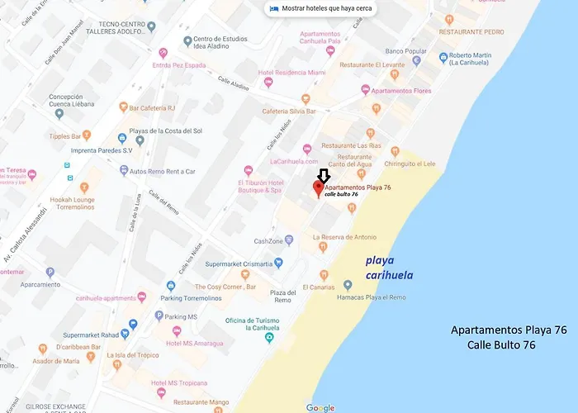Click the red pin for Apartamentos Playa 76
pyautogui.click(x=317, y=189)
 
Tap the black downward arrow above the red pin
pyautogui.click(x=324, y=174)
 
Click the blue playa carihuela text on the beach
pyautogui.click(x=391, y=267)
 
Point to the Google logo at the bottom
pyautogui.click(x=320, y=408)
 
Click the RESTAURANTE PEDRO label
pyautogui.click(x=495, y=31)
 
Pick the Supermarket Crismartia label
pyautogui.click(x=239, y=263)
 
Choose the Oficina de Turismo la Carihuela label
pyautogui.click(x=253, y=325)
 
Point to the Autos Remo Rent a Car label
pyautogui.click(x=163, y=171)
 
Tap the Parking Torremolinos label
pyautogui.click(x=205, y=298)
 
